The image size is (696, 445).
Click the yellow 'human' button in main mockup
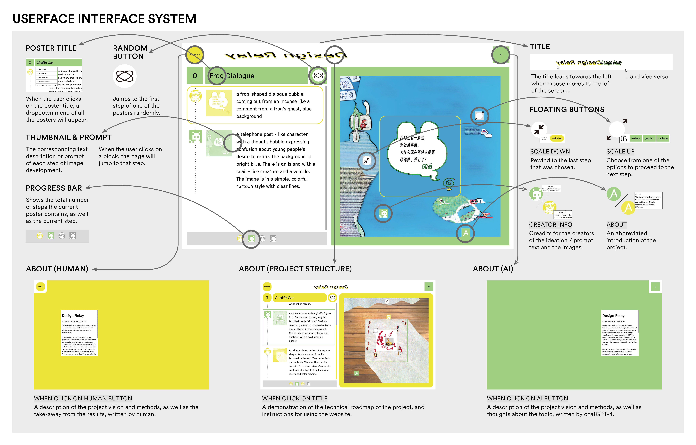tap(195, 55)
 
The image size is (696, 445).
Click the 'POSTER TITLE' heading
tap(51, 48)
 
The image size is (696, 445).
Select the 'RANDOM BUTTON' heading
tap(130, 52)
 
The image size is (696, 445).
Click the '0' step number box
tap(195, 76)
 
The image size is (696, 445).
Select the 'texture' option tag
tap(636, 139)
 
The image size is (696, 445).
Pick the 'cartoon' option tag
tap(663, 139)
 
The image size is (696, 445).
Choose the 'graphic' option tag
tap(649, 139)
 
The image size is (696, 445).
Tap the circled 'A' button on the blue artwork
tap(465, 233)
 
